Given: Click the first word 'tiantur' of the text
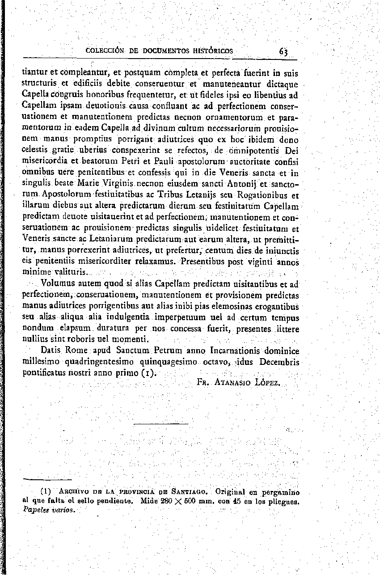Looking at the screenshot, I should coord(35,72).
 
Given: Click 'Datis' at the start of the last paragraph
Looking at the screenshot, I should coord(50,351).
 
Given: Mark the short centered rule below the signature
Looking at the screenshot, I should coord(161,423).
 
